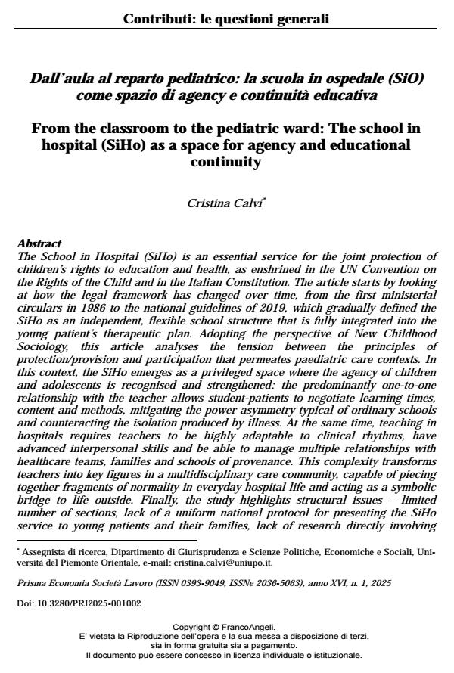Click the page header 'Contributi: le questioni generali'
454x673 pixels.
point(226,19)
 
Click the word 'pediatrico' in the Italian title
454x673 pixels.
point(183,78)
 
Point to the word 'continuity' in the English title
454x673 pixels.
point(226,162)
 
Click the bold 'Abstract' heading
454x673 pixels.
point(39,243)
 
